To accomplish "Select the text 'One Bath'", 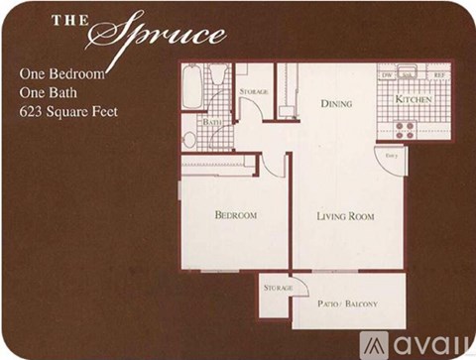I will click(52, 92).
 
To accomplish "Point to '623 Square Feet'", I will click(68, 111).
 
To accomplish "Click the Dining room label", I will click(336, 101).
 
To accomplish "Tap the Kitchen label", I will click(413, 99).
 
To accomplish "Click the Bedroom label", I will click(236, 215).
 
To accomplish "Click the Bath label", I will click(213, 122).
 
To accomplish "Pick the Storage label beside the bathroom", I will click(254, 91).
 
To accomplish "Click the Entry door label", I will click(392, 156).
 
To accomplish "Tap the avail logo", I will click(416, 343).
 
